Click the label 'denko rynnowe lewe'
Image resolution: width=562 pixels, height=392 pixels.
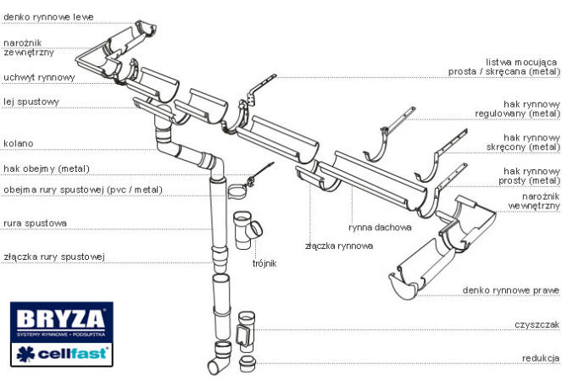(x=48, y=16)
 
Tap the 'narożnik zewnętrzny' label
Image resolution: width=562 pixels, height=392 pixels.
(x=29, y=47)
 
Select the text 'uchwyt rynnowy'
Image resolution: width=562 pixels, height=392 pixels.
(x=39, y=77)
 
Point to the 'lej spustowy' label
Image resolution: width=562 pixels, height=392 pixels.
(x=31, y=102)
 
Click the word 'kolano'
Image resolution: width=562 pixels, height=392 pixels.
(x=19, y=144)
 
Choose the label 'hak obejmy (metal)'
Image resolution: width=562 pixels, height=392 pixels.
(x=46, y=168)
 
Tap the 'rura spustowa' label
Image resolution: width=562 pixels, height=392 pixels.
(x=35, y=224)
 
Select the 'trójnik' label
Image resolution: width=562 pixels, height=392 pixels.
(x=264, y=263)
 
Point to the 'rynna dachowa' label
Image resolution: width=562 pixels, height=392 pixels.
(x=380, y=228)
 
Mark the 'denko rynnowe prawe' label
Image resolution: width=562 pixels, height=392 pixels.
(x=511, y=290)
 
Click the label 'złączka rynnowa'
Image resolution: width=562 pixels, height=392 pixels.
(x=339, y=246)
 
